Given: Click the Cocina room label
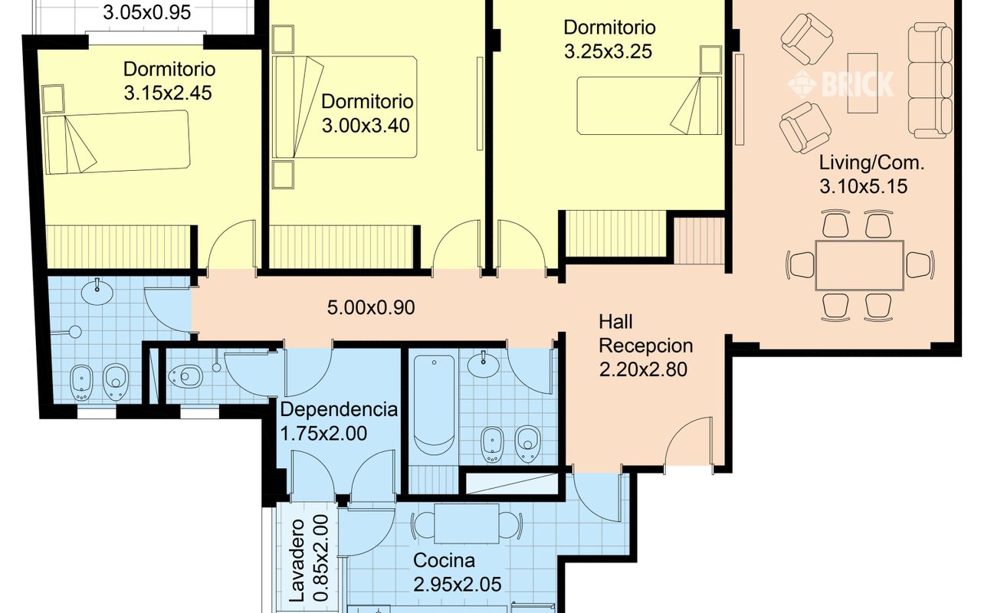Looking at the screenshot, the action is point(444,561).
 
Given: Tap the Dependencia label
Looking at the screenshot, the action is point(339,410).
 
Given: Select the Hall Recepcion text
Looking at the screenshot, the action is point(645,334).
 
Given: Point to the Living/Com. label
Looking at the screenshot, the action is point(871,163).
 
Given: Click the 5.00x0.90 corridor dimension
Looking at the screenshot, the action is point(371,307).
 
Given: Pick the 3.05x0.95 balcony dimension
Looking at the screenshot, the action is point(146,12).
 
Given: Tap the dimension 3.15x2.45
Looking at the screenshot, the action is point(168,93).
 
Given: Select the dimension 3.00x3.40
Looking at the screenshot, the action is point(366,126).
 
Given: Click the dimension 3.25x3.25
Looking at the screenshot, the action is point(608,51).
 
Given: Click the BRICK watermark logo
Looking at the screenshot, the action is point(841,84).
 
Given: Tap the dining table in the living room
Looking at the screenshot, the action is point(860,265).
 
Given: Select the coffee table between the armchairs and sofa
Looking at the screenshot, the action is point(862,83).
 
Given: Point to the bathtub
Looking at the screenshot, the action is point(434,405).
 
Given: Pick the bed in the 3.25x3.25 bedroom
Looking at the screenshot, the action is point(649,106).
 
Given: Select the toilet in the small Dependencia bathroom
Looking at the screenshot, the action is point(185,376).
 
